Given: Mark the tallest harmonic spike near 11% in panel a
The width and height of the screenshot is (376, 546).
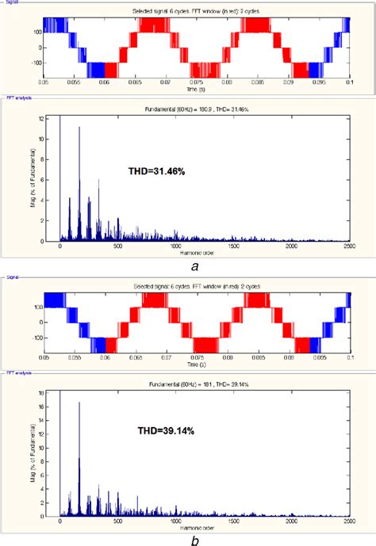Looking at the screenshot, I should [79, 128].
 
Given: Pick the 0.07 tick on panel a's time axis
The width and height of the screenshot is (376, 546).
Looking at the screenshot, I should [167, 82].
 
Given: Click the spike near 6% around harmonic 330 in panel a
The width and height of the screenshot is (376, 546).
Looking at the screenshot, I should [98, 180].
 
